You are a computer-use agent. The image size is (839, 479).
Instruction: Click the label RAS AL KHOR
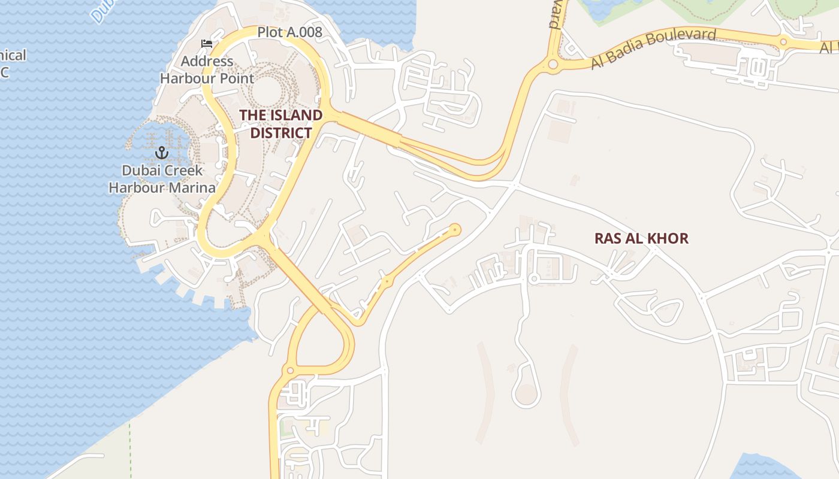coord(641,238)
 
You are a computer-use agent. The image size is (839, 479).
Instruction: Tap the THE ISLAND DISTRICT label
coord(281,124)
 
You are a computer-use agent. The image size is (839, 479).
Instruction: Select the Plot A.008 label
coord(290,32)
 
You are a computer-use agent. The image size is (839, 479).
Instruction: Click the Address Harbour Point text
coord(207,69)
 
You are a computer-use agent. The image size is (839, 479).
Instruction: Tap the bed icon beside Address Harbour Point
coord(207,44)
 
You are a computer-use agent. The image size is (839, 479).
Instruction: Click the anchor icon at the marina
coord(161,153)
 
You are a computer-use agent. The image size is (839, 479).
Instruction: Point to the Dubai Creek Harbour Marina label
coord(162,179)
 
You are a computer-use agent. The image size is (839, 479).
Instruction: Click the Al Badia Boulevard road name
coord(653,48)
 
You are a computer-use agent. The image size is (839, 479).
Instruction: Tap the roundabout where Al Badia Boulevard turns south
coord(553,63)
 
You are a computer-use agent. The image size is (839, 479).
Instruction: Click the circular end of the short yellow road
coord(455,229)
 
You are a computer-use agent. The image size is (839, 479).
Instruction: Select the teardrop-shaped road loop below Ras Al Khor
coord(526,392)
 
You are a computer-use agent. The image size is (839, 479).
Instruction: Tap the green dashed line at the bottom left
coord(130,449)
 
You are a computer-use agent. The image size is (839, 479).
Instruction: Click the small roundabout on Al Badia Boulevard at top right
coord(783,41)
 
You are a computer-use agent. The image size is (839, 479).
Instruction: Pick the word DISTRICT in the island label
coord(281,133)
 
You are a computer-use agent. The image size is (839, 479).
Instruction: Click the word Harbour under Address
coord(189,78)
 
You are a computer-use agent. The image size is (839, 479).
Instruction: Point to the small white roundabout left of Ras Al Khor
coord(533,279)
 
